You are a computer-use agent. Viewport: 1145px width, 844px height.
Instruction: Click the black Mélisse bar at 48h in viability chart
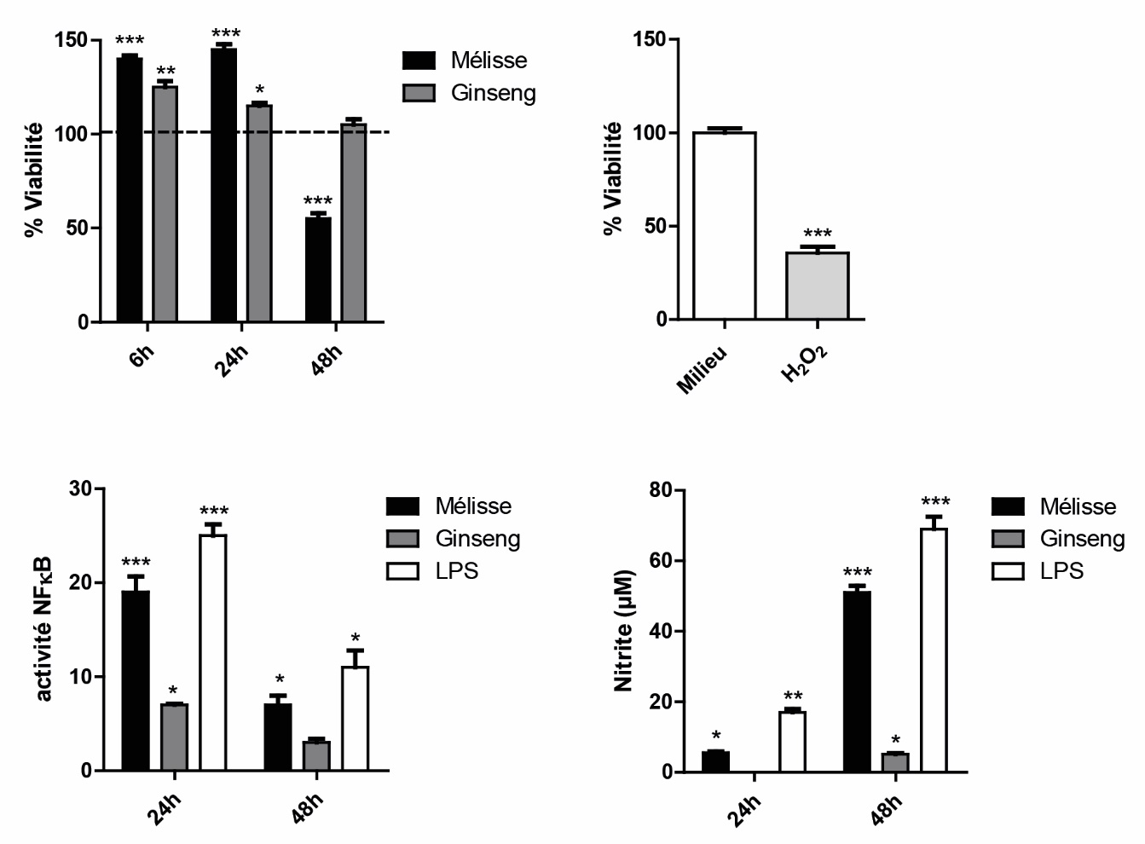pyautogui.click(x=318, y=269)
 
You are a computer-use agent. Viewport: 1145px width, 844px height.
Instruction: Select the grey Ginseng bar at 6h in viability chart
pyautogui.click(x=165, y=204)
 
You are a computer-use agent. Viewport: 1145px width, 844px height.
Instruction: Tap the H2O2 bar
pyautogui.click(x=817, y=286)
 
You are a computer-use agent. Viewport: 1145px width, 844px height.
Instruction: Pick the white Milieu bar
pyautogui.click(x=724, y=226)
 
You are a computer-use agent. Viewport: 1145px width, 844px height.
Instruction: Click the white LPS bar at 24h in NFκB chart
pyautogui.click(x=212, y=652)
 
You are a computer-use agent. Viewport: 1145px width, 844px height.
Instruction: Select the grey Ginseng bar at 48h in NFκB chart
pyautogui.click(x=316, y=755)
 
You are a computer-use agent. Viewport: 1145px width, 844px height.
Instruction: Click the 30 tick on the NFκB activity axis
pyautogui.click(x=82, y=489)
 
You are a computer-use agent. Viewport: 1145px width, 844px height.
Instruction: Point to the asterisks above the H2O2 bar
pyautogui.click(x=818, y=234)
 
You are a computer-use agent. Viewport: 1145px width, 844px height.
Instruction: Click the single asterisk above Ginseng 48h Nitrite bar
pyautogui.click(x=895, y=739)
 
